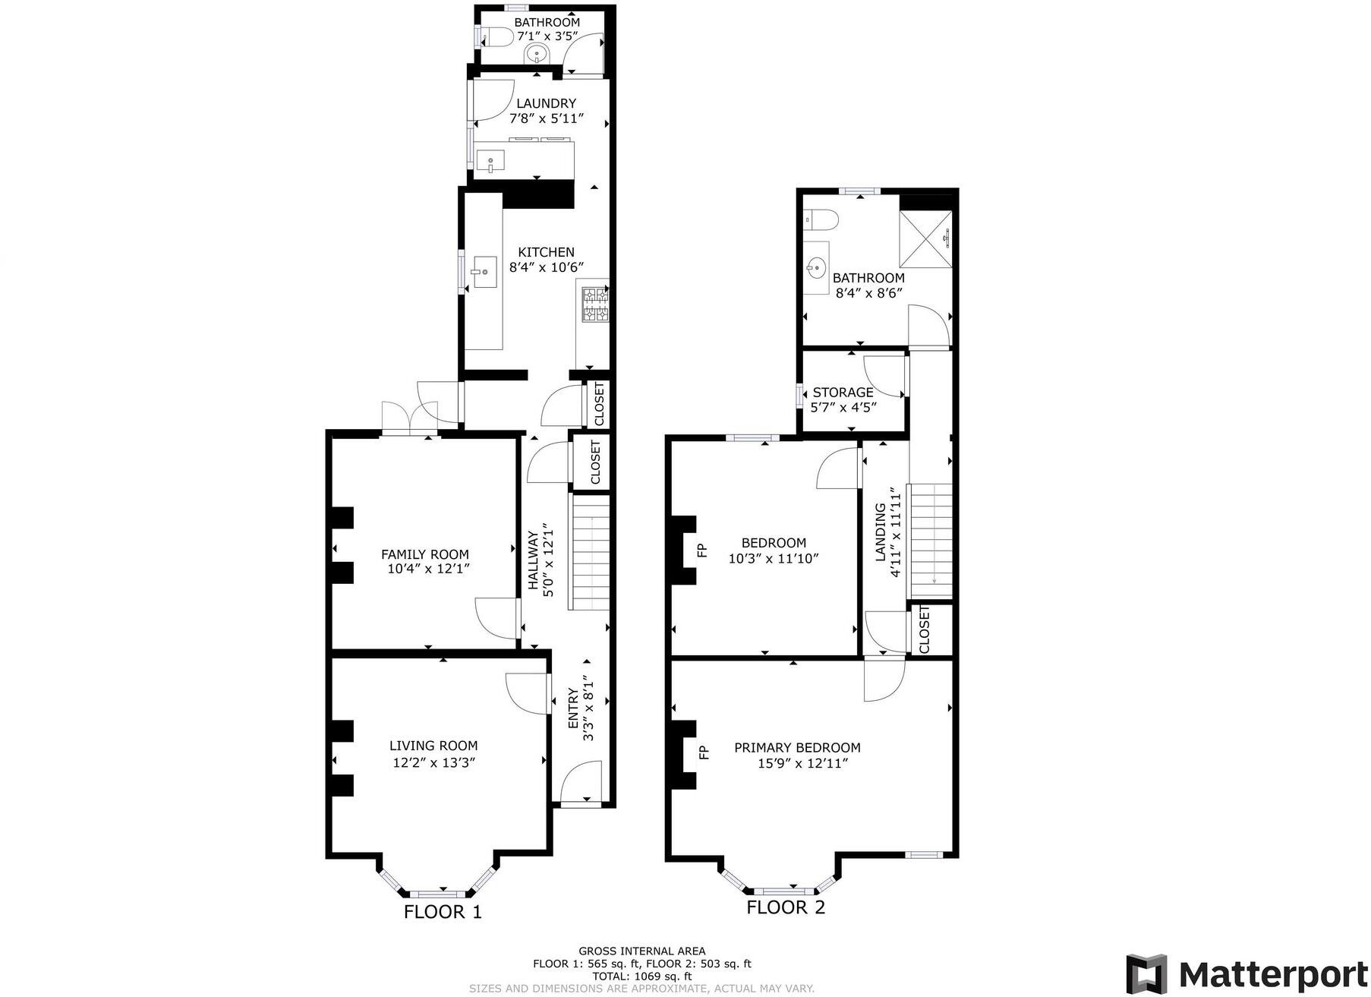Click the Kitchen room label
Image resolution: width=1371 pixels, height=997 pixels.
click(x=546, y=252)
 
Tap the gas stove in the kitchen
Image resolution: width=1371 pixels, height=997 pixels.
click(x=594, y=304)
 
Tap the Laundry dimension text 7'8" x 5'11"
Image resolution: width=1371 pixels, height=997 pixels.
click(x=546, y=118)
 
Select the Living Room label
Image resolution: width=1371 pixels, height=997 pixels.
click(x=433, y=746)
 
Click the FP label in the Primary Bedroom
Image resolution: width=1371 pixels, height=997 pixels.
click(x=704, y=752)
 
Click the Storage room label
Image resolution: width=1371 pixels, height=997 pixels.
click(x=843, y=393)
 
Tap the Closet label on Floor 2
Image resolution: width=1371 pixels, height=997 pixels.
click(x=924, y=629)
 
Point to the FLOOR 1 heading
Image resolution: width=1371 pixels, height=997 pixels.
click(x=443, y=912)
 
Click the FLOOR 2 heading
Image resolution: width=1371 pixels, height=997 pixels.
click(x=786, y=907)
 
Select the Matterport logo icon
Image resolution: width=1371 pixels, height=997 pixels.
click(x=1146, y=973)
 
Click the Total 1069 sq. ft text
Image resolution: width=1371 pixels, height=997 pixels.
click(x=641, y=976)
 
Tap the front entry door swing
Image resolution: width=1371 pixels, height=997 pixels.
click(x=581, y=784)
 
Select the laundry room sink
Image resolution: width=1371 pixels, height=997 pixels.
click(x=490, y=161)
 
